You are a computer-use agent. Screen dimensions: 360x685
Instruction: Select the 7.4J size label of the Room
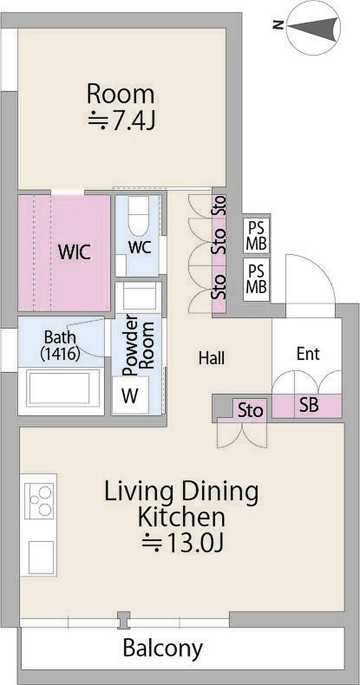[121, 120]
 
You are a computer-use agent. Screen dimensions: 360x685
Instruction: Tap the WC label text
[140, 247]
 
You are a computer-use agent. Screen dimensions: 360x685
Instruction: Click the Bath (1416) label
[60, 345]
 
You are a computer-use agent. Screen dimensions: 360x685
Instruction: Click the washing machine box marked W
[130, 395]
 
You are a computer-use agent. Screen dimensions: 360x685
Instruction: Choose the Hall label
[211, 358]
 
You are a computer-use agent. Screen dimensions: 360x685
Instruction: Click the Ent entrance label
[308, 353]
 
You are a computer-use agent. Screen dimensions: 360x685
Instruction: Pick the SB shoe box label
[309, 405]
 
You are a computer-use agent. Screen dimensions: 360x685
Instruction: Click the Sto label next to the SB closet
[250, 410]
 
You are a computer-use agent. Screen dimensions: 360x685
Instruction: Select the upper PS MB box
[257, 235]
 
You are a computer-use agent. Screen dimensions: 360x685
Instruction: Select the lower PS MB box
[257, 279]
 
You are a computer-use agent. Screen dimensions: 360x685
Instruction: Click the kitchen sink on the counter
[41, 557]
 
